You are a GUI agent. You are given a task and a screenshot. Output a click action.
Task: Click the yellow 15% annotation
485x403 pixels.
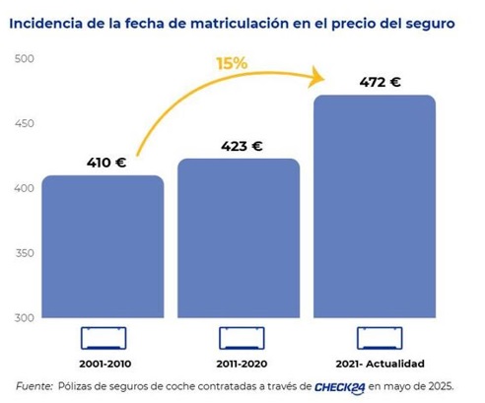click(233, 65)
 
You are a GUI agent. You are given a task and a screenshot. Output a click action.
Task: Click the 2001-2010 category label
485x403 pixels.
click(103, 364)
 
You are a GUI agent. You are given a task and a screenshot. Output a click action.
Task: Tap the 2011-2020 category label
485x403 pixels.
click(238, 364)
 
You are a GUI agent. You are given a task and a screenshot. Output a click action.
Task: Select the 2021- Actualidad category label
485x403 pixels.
click(376, 364)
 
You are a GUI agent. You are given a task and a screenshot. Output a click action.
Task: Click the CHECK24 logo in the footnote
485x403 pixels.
click(340, 386)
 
